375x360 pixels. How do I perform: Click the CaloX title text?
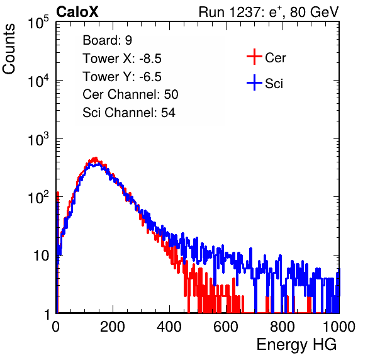(x=77, y=12)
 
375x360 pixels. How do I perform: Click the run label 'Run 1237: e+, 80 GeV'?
(x=269, y=12)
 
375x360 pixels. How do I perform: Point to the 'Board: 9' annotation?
(x=107, y=40)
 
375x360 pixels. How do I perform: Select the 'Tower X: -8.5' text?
(x=122, y=59)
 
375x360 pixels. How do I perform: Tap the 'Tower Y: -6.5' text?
(x=122, y=77)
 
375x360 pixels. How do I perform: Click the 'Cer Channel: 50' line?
(x=130, y=94)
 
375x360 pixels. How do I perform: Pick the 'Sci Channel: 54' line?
(x=129, y=113)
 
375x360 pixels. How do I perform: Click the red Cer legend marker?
(x=254, y=57)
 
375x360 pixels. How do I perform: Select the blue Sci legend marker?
(x=254, y=82)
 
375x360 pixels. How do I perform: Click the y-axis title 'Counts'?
(x=9, y=49)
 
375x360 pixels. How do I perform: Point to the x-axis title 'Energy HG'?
(x=296, y=345)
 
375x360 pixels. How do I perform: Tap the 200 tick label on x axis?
(x=113, y=327)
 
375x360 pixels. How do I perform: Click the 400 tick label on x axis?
(x=169, y=327)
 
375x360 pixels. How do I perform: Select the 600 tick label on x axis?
(x=226, y=327)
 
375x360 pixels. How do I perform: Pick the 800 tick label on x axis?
(x=283, y=327)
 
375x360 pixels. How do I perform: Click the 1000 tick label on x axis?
(x=339, y=327)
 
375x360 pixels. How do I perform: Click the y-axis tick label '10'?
(x=41, y=256)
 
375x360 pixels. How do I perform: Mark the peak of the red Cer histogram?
(x=96, y=158)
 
